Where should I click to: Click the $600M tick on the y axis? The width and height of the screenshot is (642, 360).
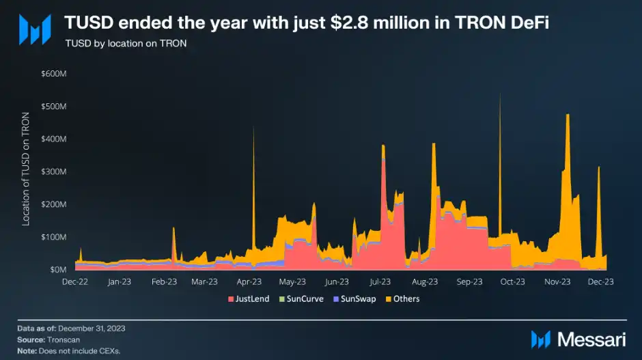[x=55, y=73]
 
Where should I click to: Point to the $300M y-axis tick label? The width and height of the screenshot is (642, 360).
[x=55, y=171]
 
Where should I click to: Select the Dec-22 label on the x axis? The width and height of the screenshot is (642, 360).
[x=76, y=281]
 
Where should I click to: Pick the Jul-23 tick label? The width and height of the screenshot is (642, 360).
[x=380, y=281]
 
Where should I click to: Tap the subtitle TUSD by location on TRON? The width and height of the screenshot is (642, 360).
[x=126, y=43]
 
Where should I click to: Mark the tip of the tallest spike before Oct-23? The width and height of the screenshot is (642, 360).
[x=500, y=94]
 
